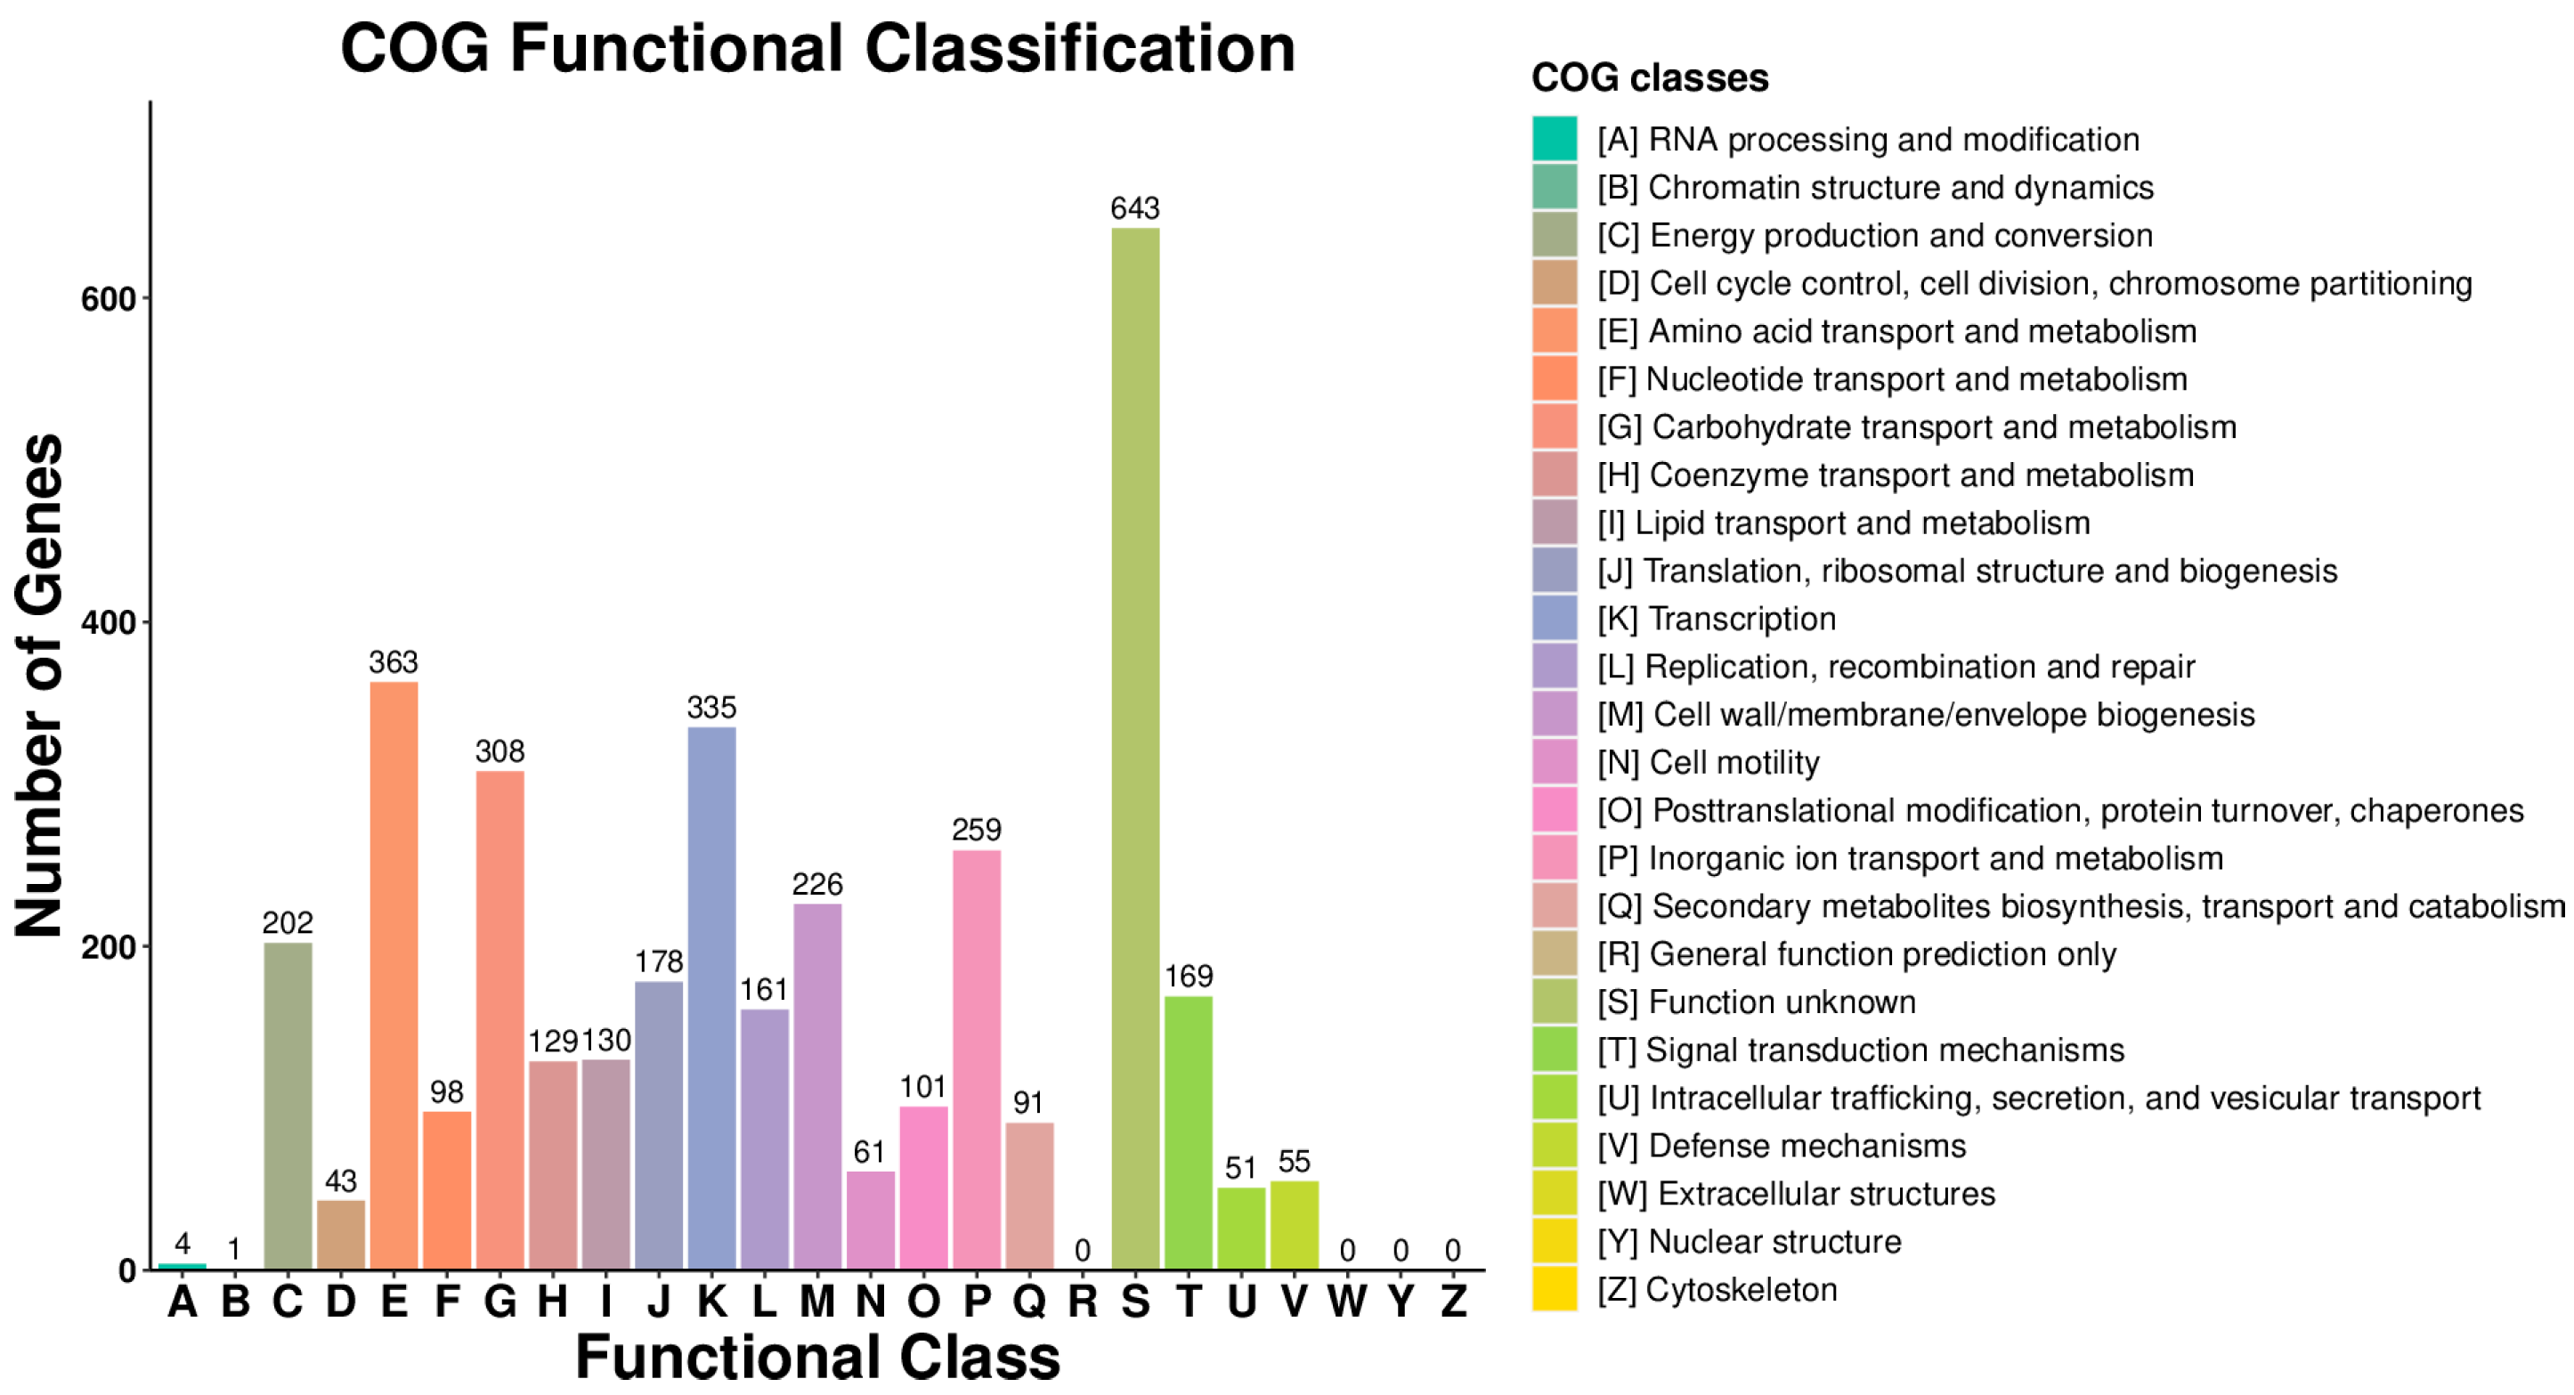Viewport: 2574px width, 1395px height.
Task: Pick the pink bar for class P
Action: click(x=976, y=1059)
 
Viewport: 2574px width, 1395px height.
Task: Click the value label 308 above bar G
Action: click(x=499, y=750)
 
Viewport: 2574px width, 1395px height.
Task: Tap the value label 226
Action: click(x=817, y=883)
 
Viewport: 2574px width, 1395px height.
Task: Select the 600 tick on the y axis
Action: click(x=108, y=299)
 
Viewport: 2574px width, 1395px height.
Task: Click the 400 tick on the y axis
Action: click(x=108, y=622)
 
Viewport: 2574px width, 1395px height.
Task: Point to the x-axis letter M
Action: click(x=817, y=1301)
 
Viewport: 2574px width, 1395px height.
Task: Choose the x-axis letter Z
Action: click(x=1453, y=1301)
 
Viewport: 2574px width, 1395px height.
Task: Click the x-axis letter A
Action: click(x=182, y=1301)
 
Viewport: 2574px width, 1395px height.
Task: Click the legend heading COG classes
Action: click(x=1650, y=78)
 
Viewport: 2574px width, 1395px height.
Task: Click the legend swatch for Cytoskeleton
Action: click(x=1555, y=1289)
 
